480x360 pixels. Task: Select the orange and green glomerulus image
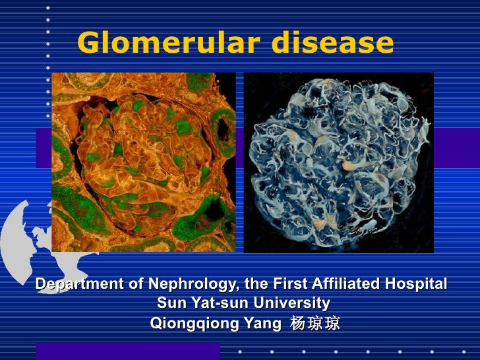(143, 162)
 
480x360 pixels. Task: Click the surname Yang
(257, 324)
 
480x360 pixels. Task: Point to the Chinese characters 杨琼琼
(315, 324)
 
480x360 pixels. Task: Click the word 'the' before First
(255, 284)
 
